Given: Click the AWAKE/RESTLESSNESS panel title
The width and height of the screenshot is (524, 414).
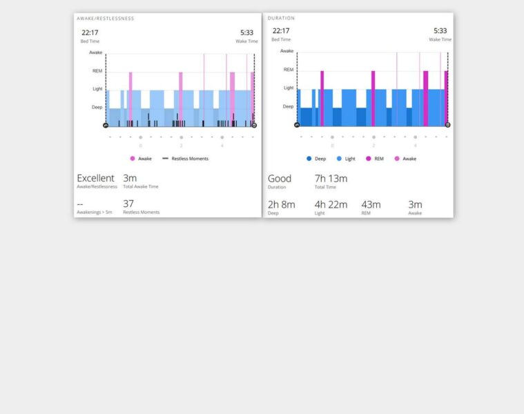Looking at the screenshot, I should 105,19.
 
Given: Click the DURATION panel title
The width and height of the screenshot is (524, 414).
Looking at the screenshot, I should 281,18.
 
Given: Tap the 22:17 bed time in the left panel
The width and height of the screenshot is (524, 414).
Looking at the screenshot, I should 89,32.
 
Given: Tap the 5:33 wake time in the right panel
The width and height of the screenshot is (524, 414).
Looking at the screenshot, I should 440,30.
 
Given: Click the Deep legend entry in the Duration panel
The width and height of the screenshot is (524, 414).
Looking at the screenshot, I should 316,159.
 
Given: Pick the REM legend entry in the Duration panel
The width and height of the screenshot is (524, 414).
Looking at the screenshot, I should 376,159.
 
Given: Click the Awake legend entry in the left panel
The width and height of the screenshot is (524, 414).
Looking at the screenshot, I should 141,159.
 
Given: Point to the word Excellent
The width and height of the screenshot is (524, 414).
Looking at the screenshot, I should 95,179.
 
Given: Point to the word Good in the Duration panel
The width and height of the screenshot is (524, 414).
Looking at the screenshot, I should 280,179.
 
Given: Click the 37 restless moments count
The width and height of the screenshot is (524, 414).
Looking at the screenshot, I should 128,204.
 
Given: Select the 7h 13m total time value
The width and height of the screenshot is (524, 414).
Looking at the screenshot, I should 331,179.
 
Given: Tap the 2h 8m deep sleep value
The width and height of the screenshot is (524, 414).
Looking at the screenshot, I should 281,204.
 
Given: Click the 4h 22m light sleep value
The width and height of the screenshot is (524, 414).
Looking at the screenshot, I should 330,204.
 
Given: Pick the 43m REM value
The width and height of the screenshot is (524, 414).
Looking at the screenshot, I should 371,204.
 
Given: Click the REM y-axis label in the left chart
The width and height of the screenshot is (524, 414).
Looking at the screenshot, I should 97,70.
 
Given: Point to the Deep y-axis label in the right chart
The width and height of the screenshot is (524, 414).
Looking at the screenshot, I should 288,106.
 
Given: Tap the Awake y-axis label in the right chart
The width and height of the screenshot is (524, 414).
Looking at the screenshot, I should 287,51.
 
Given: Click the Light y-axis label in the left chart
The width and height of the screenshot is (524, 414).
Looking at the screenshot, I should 97,88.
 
